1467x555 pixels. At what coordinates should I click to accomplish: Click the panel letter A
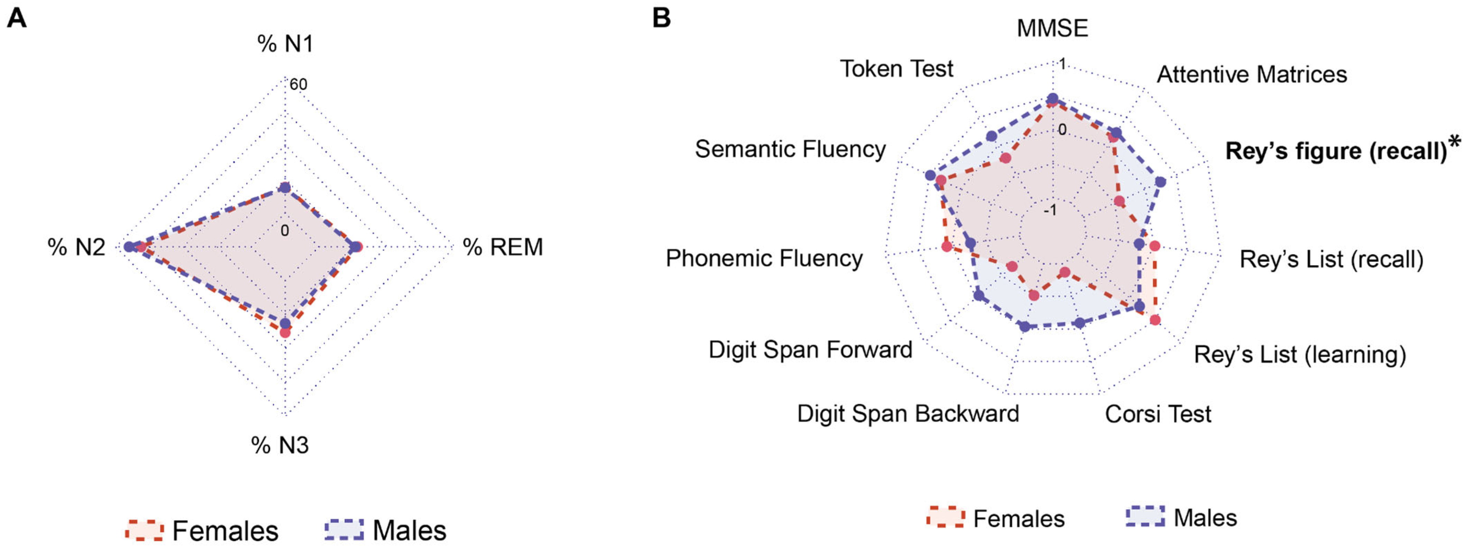click(x=17, y=18)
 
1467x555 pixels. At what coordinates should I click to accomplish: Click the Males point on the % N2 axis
click(x=129, y=247)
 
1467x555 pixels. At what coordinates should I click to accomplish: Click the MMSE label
click(x=1052, y=28)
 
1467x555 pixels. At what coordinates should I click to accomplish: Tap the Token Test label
click(x=896, y=69)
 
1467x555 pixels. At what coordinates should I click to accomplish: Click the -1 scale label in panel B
click(x=1050, y=210)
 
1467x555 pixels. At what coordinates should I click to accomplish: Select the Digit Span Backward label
click(x=908, y=414)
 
